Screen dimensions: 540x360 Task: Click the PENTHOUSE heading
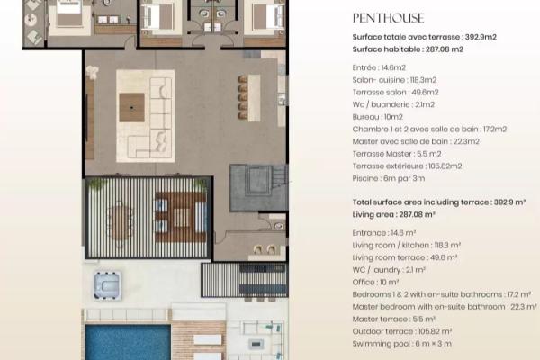388,18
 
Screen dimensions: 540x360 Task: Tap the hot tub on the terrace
107,285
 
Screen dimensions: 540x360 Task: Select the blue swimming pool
128,342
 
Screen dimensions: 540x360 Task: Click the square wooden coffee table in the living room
132,107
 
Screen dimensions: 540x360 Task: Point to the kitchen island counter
255,98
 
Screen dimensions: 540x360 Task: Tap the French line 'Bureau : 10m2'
377,117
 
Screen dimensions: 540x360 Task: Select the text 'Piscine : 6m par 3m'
389,178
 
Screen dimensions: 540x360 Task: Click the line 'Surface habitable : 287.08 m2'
408,49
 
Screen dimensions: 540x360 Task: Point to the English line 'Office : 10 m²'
375,282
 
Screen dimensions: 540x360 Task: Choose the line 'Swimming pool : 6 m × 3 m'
402,344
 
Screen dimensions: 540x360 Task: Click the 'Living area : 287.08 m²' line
393,214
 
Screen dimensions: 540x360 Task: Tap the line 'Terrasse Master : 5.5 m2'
397,154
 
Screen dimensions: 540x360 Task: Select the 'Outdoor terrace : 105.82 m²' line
402,331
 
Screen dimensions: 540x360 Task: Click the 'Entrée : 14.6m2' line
379,67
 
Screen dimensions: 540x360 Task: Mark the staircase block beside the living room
258,188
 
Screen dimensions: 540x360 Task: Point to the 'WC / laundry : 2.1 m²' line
389,270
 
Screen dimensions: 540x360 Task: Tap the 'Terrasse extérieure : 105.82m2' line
407,166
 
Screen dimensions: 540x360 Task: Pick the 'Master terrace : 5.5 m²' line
393,319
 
